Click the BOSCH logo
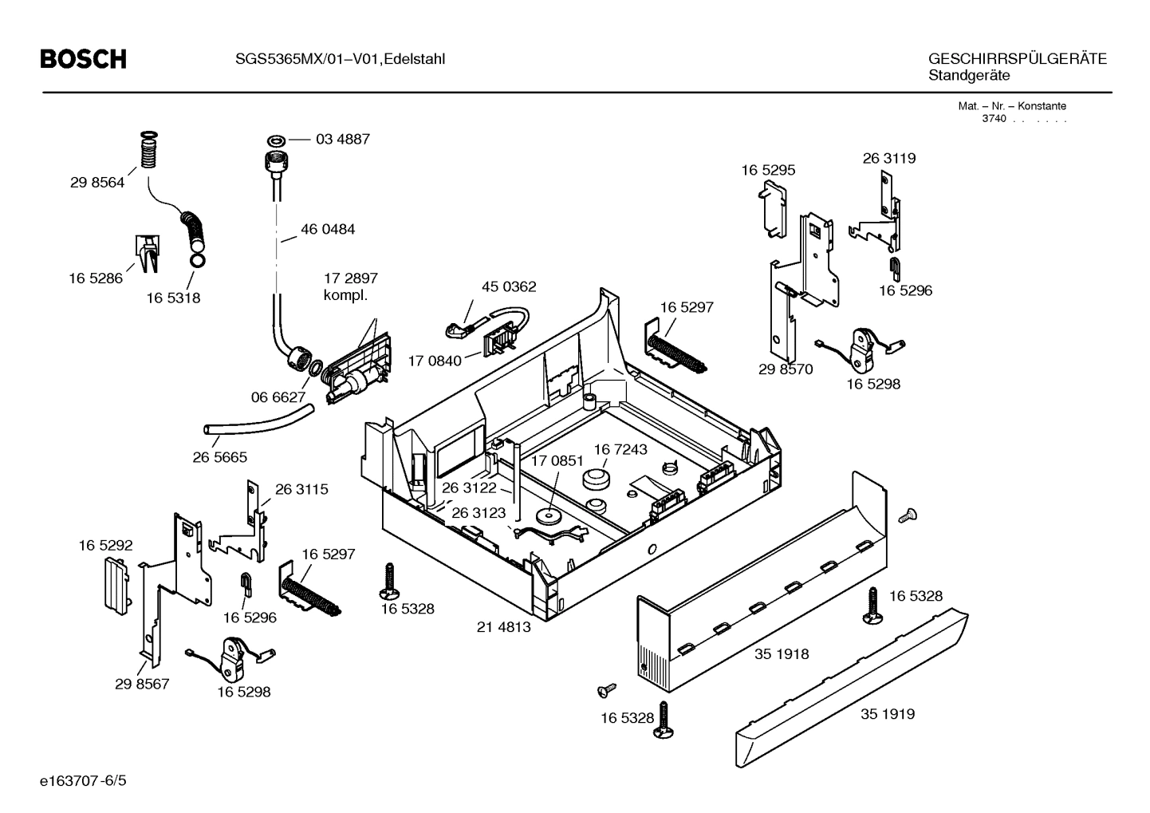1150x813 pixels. tap(83, 59)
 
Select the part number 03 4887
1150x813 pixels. tap(342, 139)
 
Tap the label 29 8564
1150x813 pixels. tap(97, 183)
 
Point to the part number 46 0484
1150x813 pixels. tap(328, 229)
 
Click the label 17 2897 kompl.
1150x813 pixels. tap(350, 286)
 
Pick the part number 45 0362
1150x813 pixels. tap(509, 286)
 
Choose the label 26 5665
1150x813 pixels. tap(219, 457)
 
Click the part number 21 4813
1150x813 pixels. tap(503, 627)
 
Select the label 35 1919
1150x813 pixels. tap(887, 714)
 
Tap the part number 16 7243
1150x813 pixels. tap(620, 449)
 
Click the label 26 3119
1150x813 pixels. tap(888, 158)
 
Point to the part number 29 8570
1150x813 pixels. tap(785, 369)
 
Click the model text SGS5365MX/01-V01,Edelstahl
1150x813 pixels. tap(339, 58)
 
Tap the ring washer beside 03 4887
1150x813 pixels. tap(275, 140)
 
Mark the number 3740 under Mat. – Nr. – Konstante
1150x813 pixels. tap(994, 119)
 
